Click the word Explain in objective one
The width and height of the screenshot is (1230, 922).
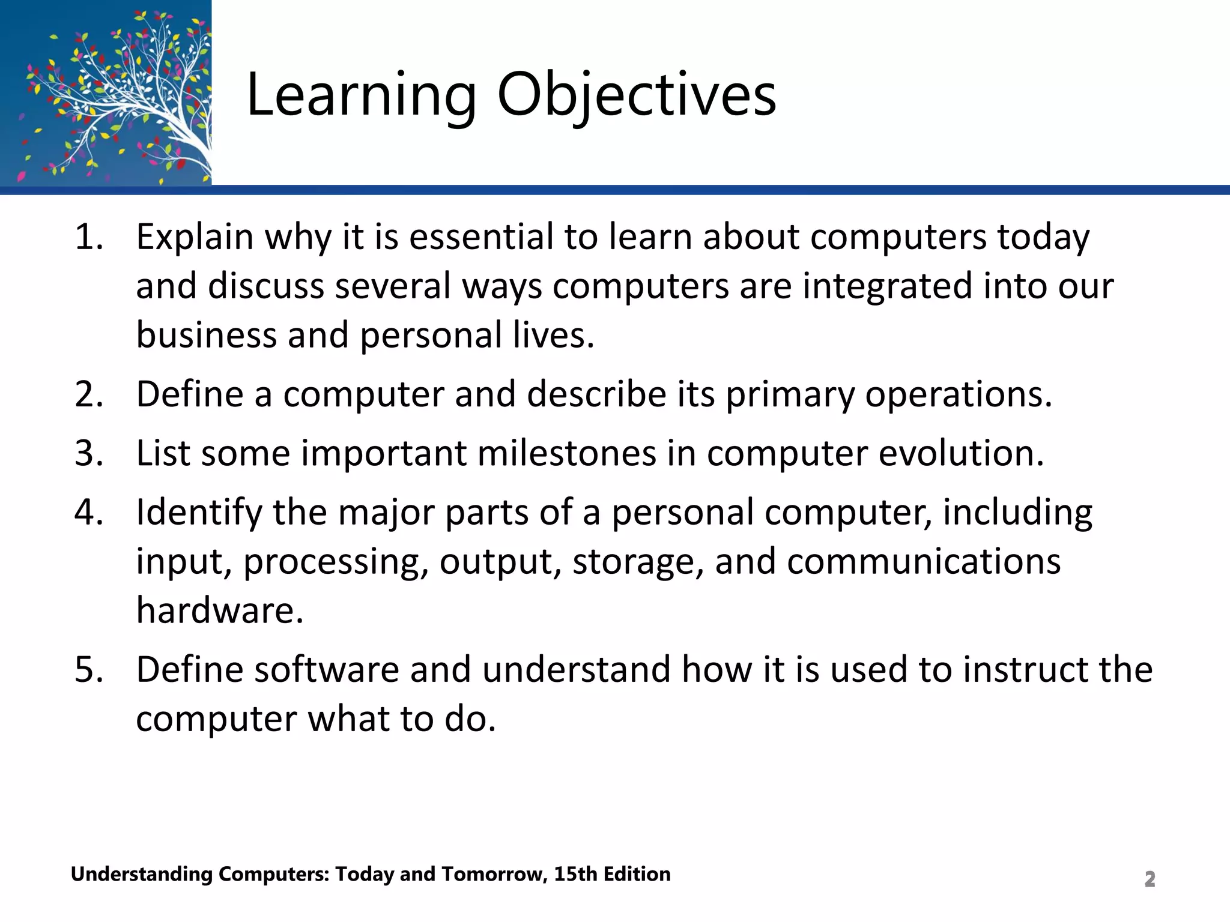(x=194, y=237)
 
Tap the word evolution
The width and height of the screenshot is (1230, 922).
(x=961, y=453)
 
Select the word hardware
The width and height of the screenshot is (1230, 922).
(x=219, y=610)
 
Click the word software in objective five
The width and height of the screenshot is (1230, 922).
(x=327, y=670)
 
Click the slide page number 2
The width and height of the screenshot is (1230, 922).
(x=1150, y=879)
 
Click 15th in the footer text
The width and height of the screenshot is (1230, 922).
(x=575, y=874)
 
